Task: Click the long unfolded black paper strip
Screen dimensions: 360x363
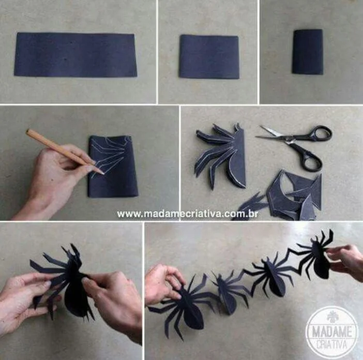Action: (x=75, y=54)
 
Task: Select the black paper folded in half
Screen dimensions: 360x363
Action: (x=209, y=56)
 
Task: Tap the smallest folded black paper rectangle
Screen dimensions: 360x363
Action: (x=307, y=51)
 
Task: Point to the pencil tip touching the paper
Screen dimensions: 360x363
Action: (x=101, y=173)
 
